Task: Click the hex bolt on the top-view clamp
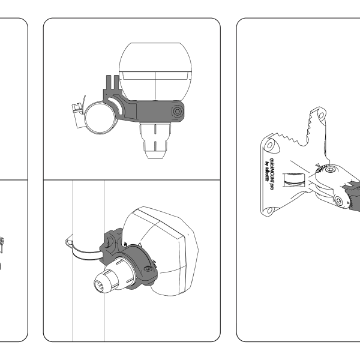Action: coord(176,112)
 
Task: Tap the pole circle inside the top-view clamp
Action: coord(100,116)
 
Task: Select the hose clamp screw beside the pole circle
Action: coord(76,111)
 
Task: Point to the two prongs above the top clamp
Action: coord(111,82)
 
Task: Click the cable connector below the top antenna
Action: coord(155,141)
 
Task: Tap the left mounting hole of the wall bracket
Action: coord(270,143)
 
